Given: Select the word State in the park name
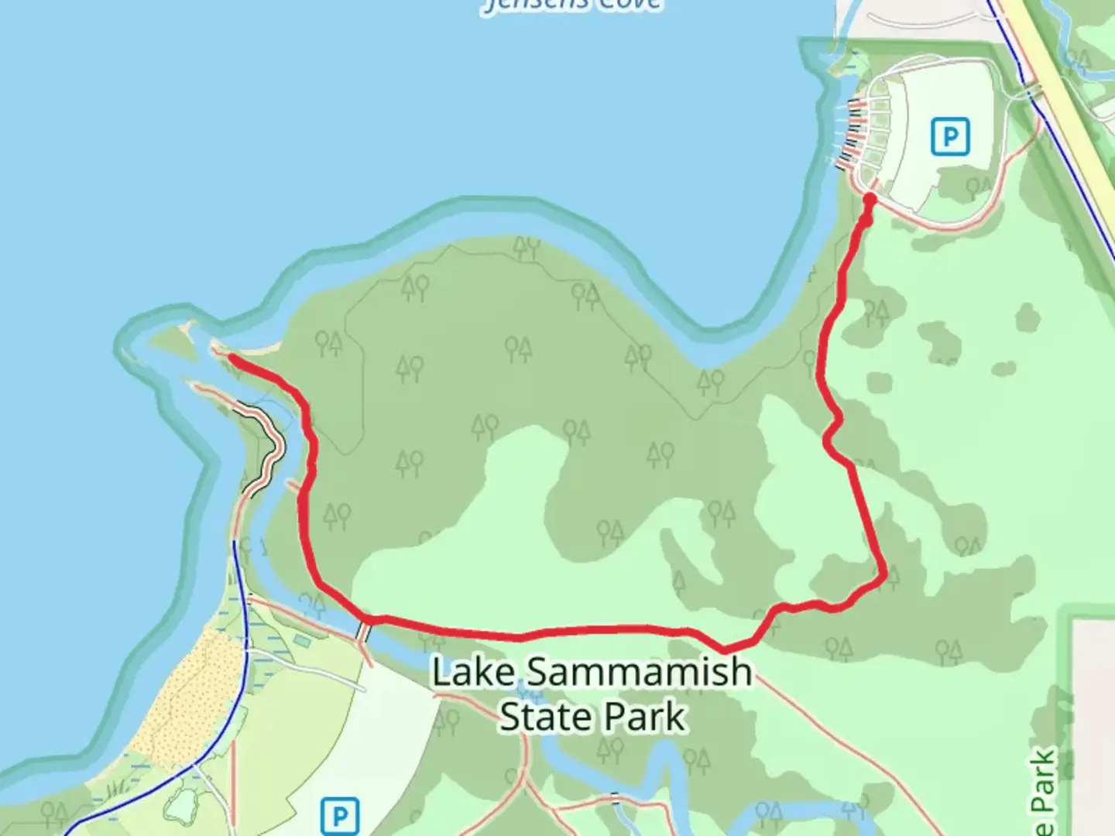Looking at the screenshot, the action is tap(542, 717).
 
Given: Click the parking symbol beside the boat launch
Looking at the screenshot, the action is tap(950, 137).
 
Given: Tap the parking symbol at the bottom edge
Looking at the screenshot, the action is tap(339, 816).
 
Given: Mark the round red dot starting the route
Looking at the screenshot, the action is tap(869, 200).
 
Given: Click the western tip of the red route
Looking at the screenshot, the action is tap(231, 357).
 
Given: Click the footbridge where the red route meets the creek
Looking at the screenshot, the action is tap(364, 629).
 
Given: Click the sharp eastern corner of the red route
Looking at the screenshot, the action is tap(883, 576).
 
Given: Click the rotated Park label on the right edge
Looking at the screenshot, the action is tap(1044, 790).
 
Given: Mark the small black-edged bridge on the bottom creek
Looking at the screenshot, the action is tap(616, 798).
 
